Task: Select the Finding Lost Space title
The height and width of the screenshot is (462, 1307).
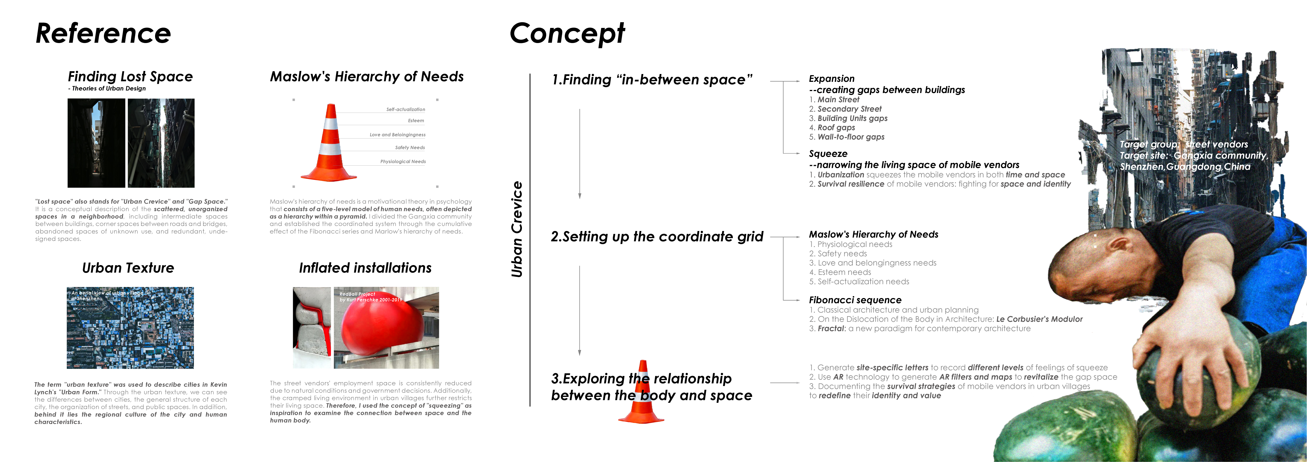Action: tap(130, 77)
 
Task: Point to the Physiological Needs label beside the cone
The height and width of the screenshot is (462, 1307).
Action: tap(403, 162)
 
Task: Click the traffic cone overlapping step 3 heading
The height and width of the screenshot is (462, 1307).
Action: tap(642, 393)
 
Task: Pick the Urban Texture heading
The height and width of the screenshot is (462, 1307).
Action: tap(128, 268)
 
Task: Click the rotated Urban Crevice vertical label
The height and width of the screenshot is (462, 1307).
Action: tap(517, 229)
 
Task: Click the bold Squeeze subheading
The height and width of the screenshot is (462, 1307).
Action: tap(828, 154)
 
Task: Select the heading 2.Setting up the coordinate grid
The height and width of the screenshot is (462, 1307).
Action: tap(657, 237)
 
